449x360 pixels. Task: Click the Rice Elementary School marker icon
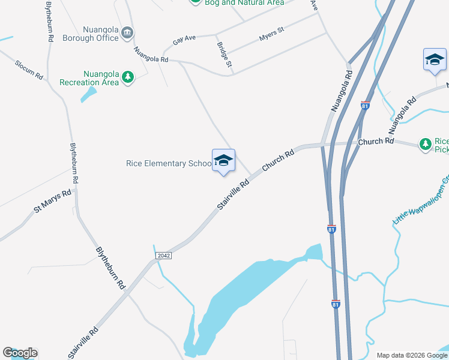coord(223,161)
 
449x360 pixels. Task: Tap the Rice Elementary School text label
coord(169,163)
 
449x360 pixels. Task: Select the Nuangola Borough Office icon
coord(127,32)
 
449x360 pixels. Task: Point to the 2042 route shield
coord(163,256)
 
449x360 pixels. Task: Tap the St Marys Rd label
coord(53,201)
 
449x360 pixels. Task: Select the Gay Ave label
coord(184,41)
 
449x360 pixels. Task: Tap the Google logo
coord(20,353)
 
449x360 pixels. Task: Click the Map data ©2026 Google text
coord(411,355)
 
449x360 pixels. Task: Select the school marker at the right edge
coord(435,60)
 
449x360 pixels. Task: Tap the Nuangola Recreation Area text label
coord(89,78)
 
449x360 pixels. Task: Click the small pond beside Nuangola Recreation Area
coord(89,94)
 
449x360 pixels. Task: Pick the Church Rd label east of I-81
coord(376,142)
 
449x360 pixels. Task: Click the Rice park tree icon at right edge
coord(426,144)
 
